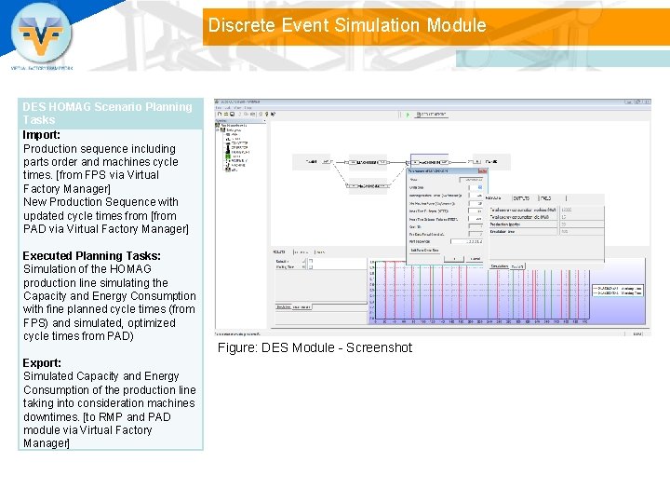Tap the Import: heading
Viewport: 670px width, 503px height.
(42, 134)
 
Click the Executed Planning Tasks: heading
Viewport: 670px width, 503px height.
(91, 255)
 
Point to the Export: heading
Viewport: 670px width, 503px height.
(42, 362)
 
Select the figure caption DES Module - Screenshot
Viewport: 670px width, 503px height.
(315, 347)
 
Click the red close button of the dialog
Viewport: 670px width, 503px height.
(482, 170)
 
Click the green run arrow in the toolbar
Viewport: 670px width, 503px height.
(407, 114)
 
